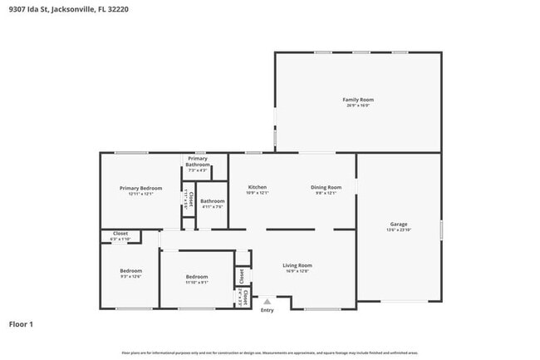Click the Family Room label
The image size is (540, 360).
pyautogui.click(x=357, y=100)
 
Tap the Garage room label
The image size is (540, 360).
pyautogui.click(x=399, y=224)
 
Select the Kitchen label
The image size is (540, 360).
pyautogui.click(x=258, y=187)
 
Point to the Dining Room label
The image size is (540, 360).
pyautogui.click(x=326, y=187)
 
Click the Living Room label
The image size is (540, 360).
pyautogui.click(x=297, y=265)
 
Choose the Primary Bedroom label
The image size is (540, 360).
pyautogui.click(x=140, y=188)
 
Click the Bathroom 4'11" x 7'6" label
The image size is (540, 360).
pyautogui.click(x=213, y=200)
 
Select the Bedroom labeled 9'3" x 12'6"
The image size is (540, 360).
pyautogui.click(x=130, y=270)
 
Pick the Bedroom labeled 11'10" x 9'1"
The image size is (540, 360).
pyautogui.click(x=197, y=276)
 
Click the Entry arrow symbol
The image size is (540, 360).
pyautogui.click(x=267, y=302)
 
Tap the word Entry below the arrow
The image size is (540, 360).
pyautogui.click(x=267, y=311)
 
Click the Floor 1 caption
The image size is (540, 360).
pyautogui.click(x=22, y=323)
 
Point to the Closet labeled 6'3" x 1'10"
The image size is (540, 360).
pyautogui.click(x=120, y=234)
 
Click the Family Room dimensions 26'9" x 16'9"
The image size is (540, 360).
pyautogui.click(x=357, y=106)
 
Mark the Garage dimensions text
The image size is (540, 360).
pyautogui.click(x=399, y=229)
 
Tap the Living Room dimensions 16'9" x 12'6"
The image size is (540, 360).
pyautogui.click(x=297, y=271)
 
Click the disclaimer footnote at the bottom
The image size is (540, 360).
pyautogui.click(x=269, y=353)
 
